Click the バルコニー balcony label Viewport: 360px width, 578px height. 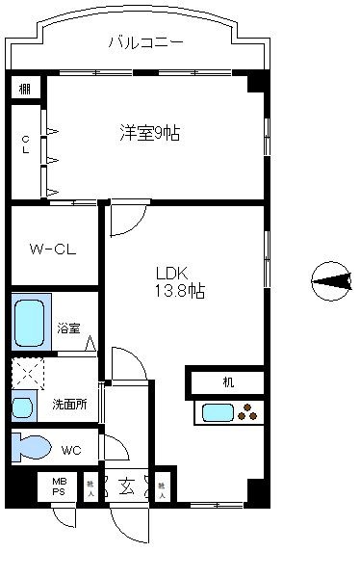pyautogui.click(x=145, y=42)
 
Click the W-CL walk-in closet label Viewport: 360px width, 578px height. pyautogui.click(x=52, y=250)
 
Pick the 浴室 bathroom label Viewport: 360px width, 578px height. pyautogui.click(x=67, y=328)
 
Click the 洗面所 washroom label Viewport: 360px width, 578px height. pyautogui.click(x=69, y=405)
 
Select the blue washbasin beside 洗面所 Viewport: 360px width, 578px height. pyautogui.click(x=23, y=407)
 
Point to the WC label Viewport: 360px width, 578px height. pyautogui.click(x=71, y=450)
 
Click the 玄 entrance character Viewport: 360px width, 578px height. pyautogui.click(x=125, y=486)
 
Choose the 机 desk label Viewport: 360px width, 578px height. pyautogui.click(x=228, y=382)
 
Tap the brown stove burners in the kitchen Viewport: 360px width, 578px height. pyautogui.click(x=249, y=414)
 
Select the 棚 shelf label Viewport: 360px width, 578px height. pyautogui.click(x=23, y=88)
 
